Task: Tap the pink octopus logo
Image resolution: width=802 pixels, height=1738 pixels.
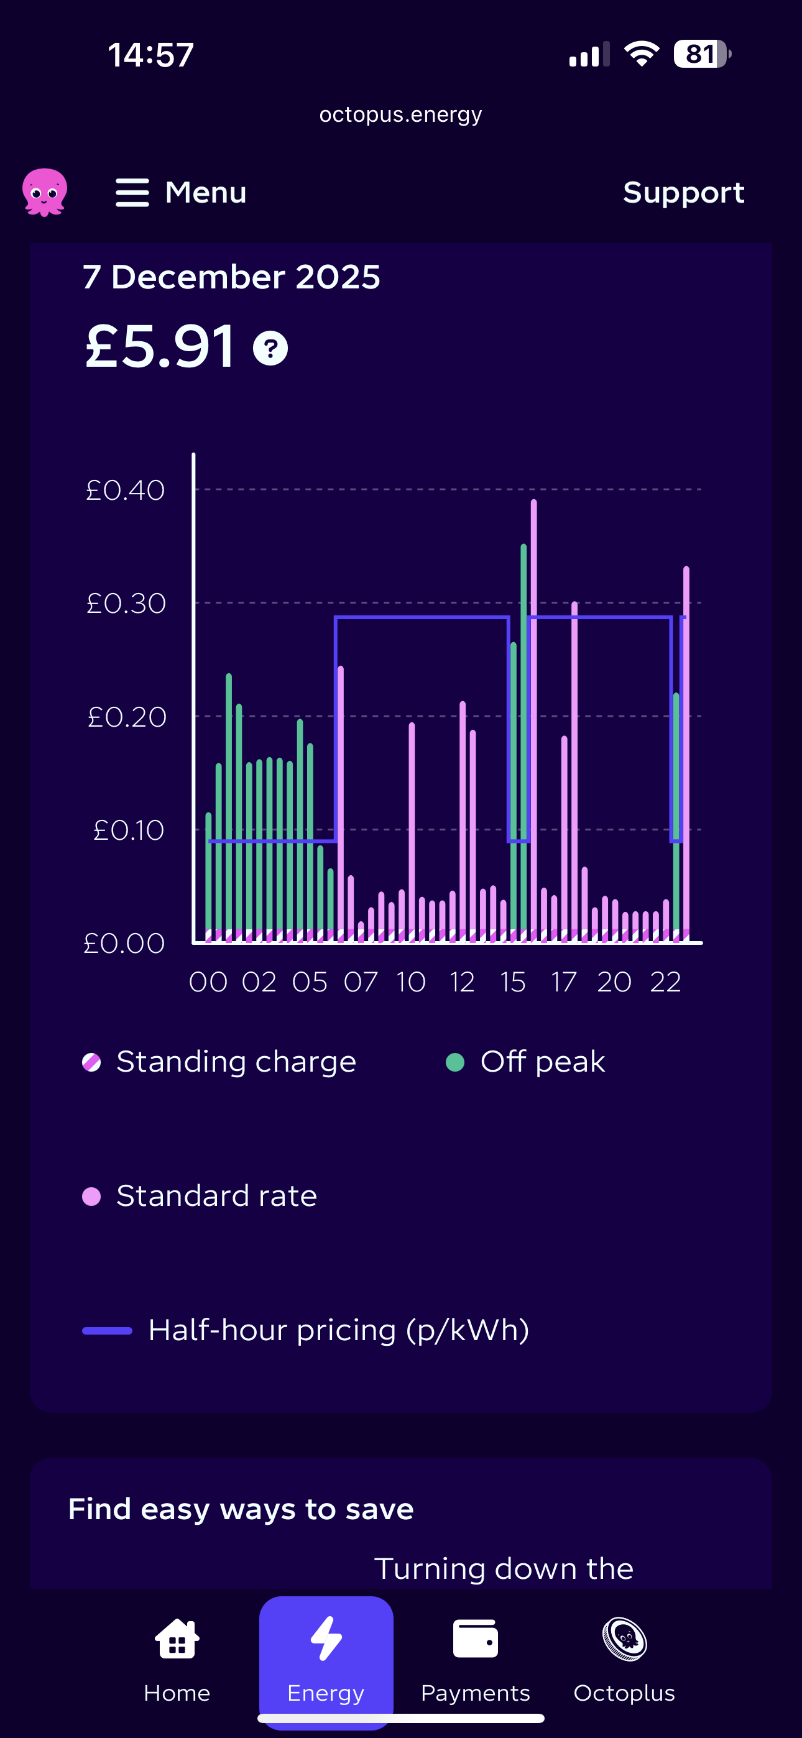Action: tap(45, 192)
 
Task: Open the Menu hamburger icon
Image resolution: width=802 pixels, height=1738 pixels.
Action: tap(132, 193)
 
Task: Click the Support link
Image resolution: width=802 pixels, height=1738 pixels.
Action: tap(683, 193)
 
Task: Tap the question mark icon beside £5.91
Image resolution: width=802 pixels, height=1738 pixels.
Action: tap(270, 348)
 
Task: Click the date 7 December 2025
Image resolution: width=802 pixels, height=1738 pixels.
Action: tap(231, 277)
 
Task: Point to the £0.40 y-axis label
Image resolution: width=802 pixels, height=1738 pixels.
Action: tap(126, 490)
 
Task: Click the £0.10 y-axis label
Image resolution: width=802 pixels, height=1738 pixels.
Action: tap(128, 830)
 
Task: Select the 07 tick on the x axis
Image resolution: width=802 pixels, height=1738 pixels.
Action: tap(361, 982)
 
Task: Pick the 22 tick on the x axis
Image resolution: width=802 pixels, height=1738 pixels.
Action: tap(665, 982)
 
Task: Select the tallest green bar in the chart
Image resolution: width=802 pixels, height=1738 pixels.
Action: tap(523, 735)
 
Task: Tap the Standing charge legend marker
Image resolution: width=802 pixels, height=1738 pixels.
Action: tap(91, 1062)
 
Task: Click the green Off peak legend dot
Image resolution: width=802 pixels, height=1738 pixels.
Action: tap(455, 1062)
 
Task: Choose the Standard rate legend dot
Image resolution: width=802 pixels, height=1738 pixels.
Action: tap(91, 1196)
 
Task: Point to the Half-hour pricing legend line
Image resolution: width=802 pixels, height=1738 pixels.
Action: tap(107, 1330)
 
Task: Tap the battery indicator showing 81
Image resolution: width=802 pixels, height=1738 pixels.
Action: tap(701, 54)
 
